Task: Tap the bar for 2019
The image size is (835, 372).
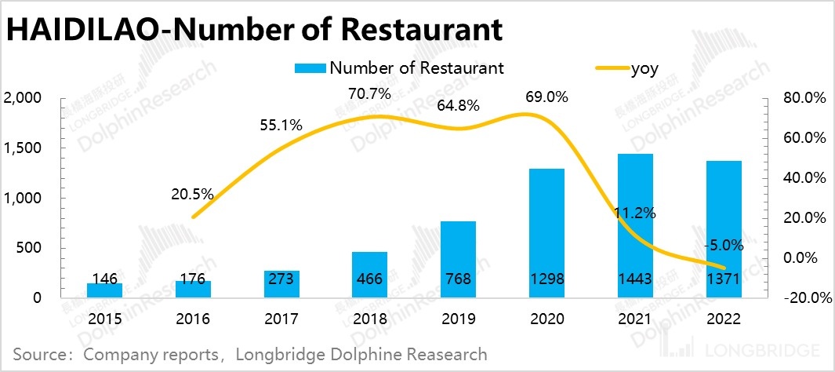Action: coord(459,259)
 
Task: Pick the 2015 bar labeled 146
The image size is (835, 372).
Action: coord(104,290)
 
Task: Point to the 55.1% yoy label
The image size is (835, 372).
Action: coord(280,124)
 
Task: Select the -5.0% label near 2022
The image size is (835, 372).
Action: coord(724,245)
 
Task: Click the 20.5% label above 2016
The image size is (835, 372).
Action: coord(192,195)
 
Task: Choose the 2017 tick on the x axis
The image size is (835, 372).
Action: coord(281,320)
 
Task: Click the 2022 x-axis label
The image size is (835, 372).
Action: coord(724,320)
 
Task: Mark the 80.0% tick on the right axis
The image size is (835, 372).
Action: coord(805,98)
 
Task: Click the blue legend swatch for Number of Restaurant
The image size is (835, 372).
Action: coord(310,68)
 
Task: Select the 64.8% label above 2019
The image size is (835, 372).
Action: coord(459,105)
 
